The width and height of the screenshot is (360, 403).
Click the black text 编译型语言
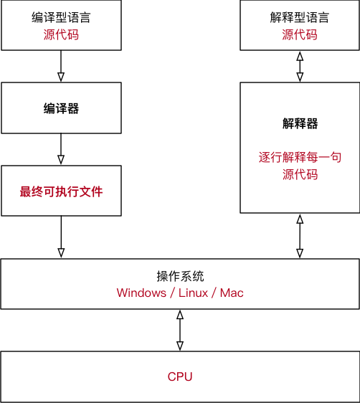pos(61,17)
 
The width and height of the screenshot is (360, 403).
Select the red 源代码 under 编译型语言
pos(61,34)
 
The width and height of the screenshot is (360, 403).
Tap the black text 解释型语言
pos(299,17)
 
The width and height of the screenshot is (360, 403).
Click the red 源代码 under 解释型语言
pos(299,34)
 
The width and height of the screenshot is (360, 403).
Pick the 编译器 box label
pos(61,108)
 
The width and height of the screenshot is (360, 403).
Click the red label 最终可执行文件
pos(61,191)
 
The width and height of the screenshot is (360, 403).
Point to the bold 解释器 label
pos(300,123)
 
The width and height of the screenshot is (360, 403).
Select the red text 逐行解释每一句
pos(300,156)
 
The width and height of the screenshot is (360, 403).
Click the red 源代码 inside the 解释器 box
pos(300,174)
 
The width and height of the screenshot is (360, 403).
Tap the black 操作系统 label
pos(180,276)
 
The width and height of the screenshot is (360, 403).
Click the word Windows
pos(141,293)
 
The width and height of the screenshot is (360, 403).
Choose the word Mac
pos(232,293)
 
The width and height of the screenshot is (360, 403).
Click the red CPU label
pos(180,376)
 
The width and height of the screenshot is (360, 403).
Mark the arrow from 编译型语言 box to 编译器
pos(61,66)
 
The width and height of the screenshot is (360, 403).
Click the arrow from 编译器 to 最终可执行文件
pos(61,149)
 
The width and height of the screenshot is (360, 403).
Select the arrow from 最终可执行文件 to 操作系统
pos(61,237)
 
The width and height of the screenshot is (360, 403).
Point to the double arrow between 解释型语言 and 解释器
pos(300,66)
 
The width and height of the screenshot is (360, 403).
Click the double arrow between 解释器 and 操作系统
pos(300,236)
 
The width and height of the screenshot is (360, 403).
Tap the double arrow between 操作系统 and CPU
pos(180,330)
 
